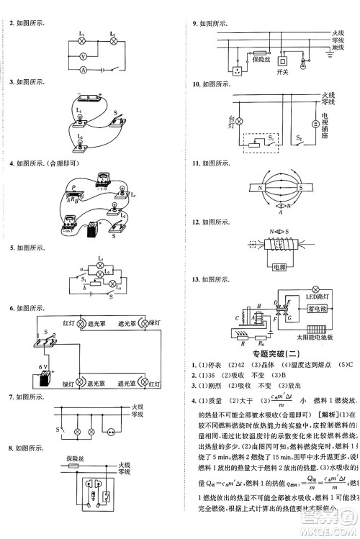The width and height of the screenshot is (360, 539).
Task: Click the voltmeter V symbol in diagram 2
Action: click(x=83, y=55)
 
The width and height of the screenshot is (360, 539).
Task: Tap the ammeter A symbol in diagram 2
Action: click(x=83, y=70)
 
